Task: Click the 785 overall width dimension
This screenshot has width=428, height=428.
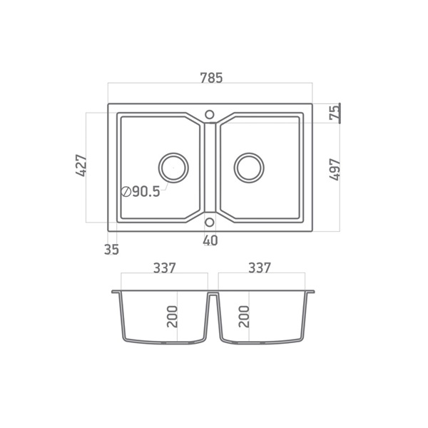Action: (212, 78)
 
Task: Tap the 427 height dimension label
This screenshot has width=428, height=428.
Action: (81, 165)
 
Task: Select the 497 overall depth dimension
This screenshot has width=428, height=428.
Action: (335, 169)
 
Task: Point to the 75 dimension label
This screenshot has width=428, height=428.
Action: (335, 113)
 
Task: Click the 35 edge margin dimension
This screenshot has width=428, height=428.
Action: (111, 250)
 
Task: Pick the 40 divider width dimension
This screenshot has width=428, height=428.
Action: (210, 240)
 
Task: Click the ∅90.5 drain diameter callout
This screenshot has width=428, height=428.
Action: (141, 192)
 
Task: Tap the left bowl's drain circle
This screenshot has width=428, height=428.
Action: (173, 168)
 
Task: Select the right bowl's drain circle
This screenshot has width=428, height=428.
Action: (249, 168)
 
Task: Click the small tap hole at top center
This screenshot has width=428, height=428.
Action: (209, 115)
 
